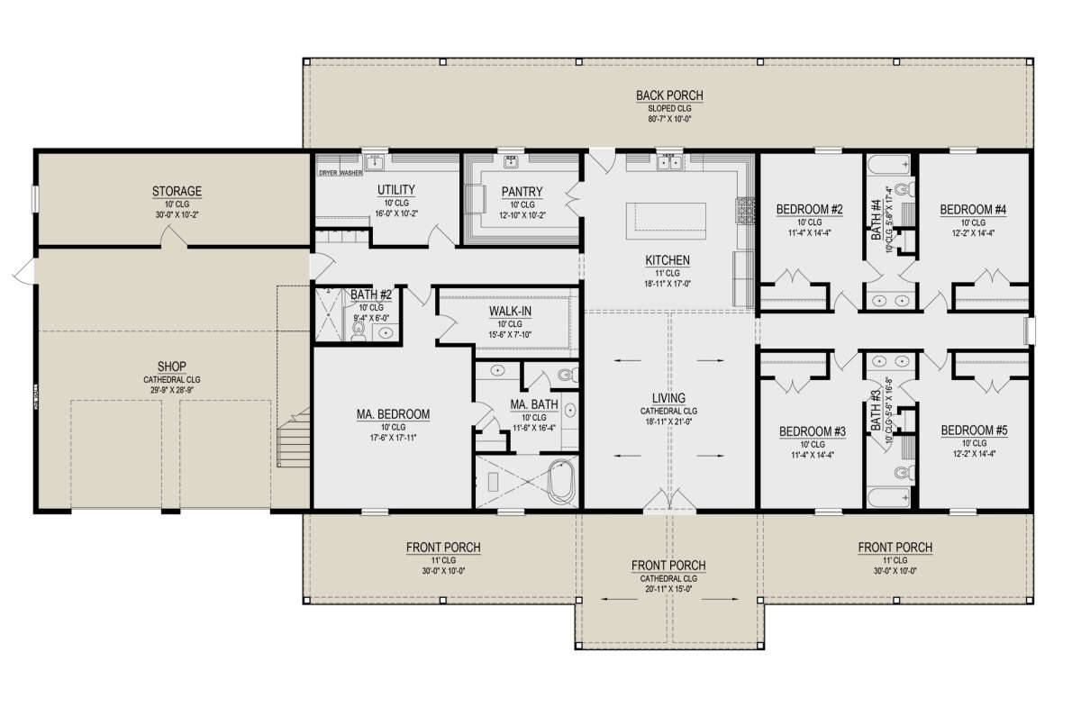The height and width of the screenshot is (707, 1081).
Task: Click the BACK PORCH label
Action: point(668,95)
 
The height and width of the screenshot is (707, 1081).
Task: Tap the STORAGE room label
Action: point(177,191)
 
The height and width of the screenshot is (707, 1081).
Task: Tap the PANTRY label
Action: point(516,192)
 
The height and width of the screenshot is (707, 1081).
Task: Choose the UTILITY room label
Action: point(395,189)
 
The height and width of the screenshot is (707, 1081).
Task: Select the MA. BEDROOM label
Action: point(392,414)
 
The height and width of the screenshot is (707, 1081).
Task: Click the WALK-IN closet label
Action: point(509,311)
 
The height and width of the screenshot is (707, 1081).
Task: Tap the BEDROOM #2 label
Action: point(809,210)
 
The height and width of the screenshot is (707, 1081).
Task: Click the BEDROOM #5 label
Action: point(974,431)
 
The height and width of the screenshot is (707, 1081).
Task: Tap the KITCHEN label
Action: point(668,260)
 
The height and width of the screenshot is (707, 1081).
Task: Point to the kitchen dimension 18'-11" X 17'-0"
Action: point(668,284)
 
